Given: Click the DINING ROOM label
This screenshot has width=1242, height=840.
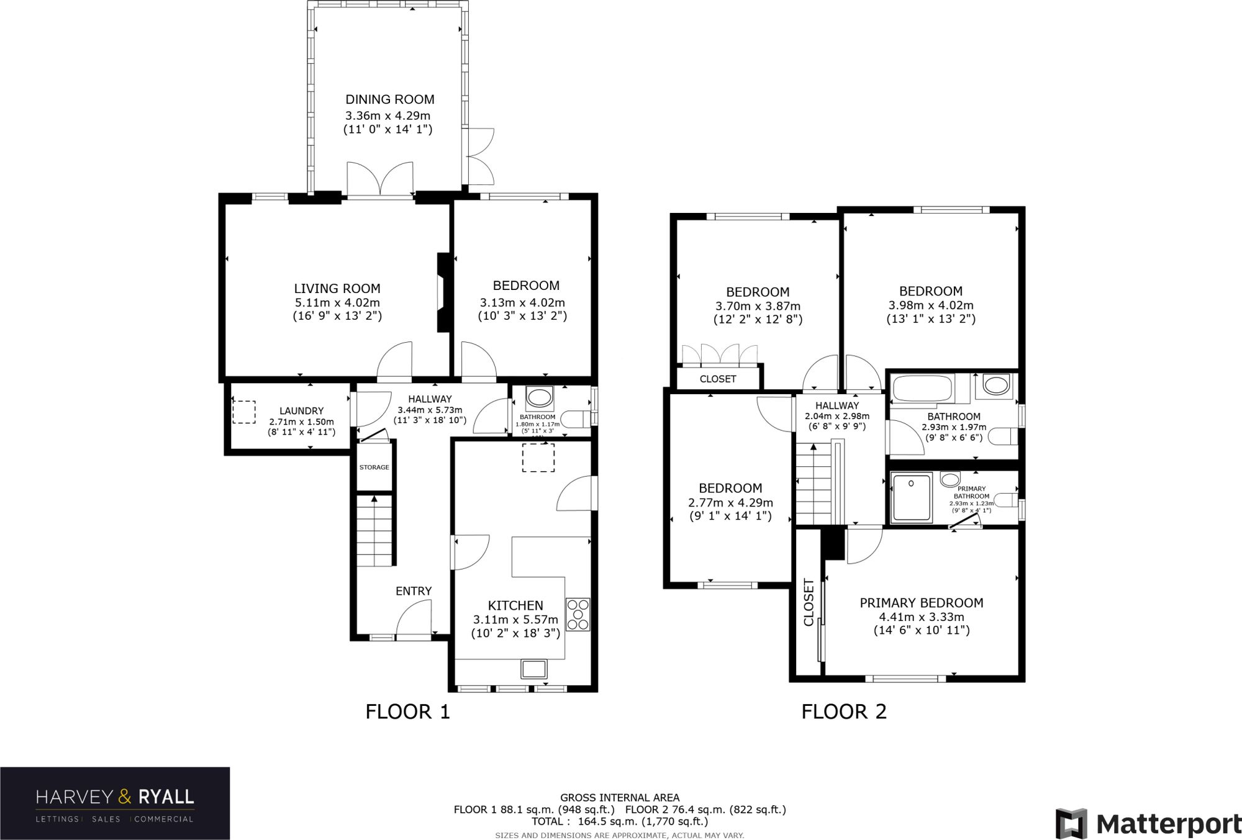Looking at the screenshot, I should tap(389, 99).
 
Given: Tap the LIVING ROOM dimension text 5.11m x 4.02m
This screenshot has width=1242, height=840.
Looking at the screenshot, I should tap(337, 303).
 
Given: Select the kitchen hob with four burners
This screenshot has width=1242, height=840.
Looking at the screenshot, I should tap(578, 615).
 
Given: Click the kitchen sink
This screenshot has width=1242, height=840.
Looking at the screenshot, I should tap(534, 669).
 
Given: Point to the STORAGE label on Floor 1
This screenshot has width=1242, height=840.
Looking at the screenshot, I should tap(374, 467).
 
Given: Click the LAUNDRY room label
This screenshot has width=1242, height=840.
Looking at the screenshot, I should tap(301, 411).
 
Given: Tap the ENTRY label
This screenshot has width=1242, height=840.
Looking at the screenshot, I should tap(414, 591).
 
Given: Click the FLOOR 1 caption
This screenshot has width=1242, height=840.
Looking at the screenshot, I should tap(407, 711).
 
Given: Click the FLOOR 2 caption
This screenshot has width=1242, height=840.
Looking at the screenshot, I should tap(844, 711).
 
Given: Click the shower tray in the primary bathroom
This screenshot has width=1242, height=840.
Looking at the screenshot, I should tap(911, 497).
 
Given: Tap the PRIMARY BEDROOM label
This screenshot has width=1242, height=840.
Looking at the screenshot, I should tap(921, 603).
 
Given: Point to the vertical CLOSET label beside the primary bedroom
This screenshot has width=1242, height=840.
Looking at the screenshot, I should tap(809, 602).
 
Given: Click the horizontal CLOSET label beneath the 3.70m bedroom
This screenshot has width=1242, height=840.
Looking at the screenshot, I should tap(718, 379).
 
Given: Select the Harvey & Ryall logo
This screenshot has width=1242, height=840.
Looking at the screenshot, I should tap(115, 803).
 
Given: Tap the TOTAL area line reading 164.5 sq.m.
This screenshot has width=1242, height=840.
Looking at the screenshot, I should tap(620, 821).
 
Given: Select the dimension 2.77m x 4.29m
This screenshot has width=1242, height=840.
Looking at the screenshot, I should tap(730, 503).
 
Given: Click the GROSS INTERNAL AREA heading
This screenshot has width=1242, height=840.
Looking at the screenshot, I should tap(620, 798).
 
